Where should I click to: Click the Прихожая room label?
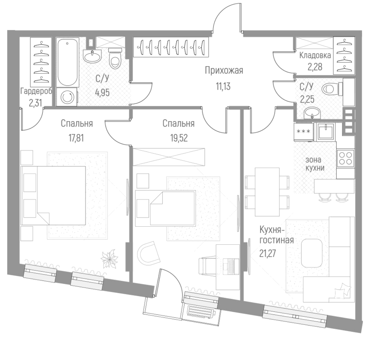click(x=224, y=70)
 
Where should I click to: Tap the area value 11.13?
click(x=224, y=86)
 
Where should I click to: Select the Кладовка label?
click(x=315, y=55)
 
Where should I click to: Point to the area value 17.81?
click(x=76, y=138)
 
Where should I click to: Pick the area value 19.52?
click(x=178, y=138)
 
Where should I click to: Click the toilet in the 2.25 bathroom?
click(x=331, y=88)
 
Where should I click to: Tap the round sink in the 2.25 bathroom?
click(x=311, y=112)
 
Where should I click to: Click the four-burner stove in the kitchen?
click(x=346, y=158)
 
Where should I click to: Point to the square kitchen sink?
click(x=326, y=132)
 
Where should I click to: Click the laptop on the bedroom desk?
click(x=230, y=264)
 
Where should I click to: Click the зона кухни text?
click(x=315, y=163)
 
